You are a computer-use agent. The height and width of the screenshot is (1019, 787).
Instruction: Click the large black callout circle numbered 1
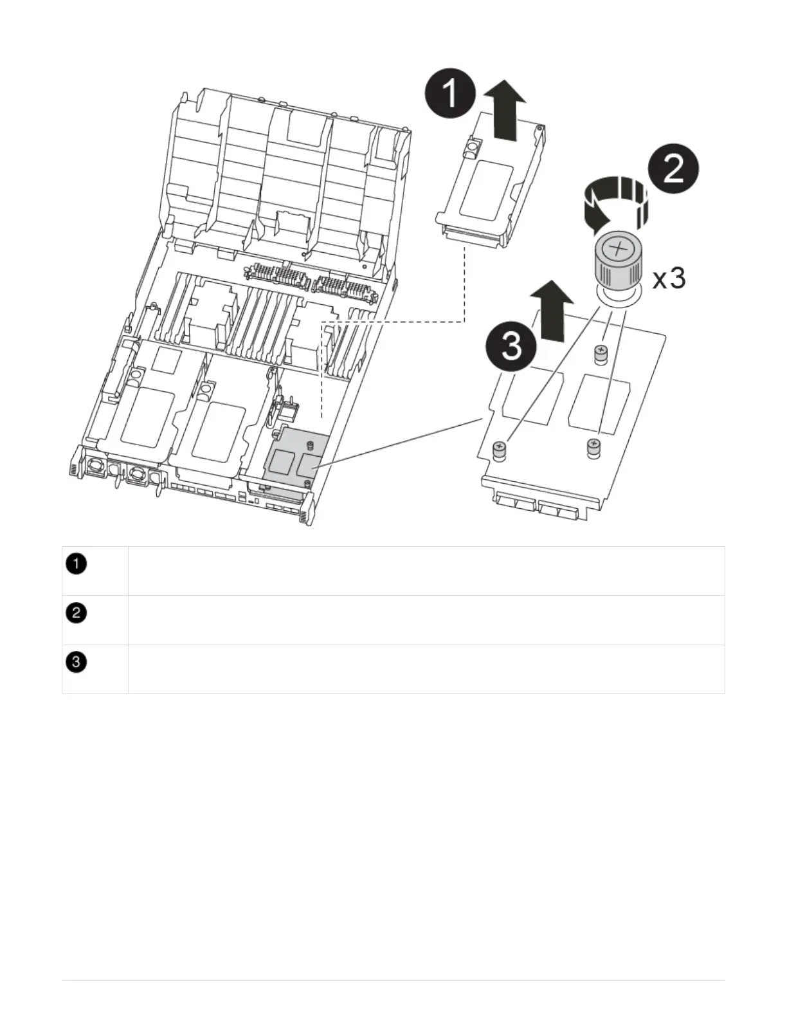pos(450,94)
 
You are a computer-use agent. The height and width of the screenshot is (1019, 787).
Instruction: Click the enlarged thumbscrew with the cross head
pos(615,264)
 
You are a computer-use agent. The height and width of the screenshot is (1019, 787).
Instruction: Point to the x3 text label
pos(669,279)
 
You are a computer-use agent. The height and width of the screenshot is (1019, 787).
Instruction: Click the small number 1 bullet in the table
pos(77,564)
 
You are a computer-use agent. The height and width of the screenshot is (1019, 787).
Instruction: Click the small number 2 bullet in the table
pos(77,613)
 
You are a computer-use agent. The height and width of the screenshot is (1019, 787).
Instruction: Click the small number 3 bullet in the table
pos(77,662)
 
